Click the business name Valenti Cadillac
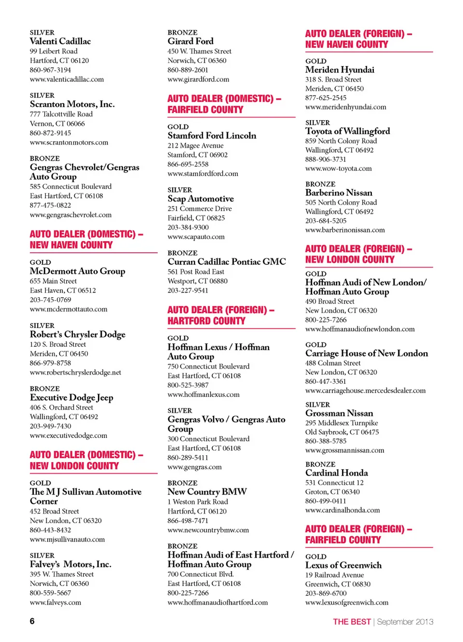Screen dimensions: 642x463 [60, 41]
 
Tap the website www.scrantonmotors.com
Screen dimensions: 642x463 [69, 143]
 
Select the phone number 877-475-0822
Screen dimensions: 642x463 [50, 205]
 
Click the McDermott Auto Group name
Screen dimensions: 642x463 [77, 272]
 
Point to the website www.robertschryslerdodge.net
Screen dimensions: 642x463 [75, 373]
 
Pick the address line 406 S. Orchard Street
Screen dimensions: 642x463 [61, 408]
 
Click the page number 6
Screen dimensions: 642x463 [32, 621]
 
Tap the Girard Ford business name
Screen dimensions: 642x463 [191, 41]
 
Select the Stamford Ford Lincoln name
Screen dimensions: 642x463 [212, 136]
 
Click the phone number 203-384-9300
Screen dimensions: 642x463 [188, 228]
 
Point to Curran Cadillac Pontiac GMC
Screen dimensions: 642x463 [227, 262]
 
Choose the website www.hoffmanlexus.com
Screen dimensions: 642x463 [204, 395]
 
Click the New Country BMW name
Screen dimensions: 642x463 [207, 492]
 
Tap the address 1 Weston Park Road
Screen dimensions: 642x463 [198, 502]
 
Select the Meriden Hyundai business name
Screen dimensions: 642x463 [340, 70]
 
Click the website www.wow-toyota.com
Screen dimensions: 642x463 [338, 169]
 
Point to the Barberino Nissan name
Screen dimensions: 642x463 [339, 193]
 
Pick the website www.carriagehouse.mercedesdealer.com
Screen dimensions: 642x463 [365, 391]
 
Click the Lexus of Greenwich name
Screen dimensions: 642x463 [343, 565]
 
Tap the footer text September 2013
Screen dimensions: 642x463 [405, 622]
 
